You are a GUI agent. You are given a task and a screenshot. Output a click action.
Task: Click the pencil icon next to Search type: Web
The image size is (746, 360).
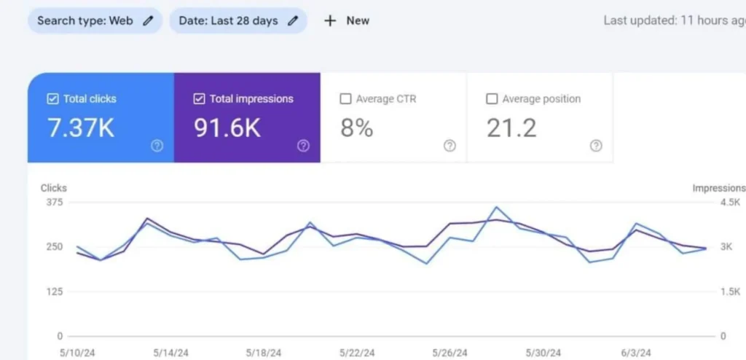click(149, 20)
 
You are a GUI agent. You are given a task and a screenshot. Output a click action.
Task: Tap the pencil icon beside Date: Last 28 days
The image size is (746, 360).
click(293, 20)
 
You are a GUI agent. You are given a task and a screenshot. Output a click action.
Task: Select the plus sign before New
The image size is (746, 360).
click(330, 20)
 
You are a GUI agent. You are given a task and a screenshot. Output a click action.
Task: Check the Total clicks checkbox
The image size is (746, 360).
click(52, 99)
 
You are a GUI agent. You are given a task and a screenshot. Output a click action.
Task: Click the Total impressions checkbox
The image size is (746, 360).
click(199, 99)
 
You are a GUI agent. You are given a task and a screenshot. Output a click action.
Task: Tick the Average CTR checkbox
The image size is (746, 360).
click(345, 99)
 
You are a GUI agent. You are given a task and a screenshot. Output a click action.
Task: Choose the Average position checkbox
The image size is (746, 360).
click(492, 99)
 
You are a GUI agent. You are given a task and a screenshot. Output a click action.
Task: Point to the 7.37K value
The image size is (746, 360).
click(81, 128)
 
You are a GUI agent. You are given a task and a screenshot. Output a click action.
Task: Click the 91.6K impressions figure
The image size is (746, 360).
click(227, 128)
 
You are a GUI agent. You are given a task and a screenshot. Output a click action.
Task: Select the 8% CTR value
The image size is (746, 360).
click(357, 128)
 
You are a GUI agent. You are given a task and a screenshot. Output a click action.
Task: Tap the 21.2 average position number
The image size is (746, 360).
click(511, 128)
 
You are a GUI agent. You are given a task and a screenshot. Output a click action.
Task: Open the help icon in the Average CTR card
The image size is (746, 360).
click(449, 146)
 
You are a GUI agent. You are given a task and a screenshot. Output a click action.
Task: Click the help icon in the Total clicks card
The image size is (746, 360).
click(157, 146)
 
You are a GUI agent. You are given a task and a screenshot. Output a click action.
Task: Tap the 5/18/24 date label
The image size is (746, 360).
click(264, 353)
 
